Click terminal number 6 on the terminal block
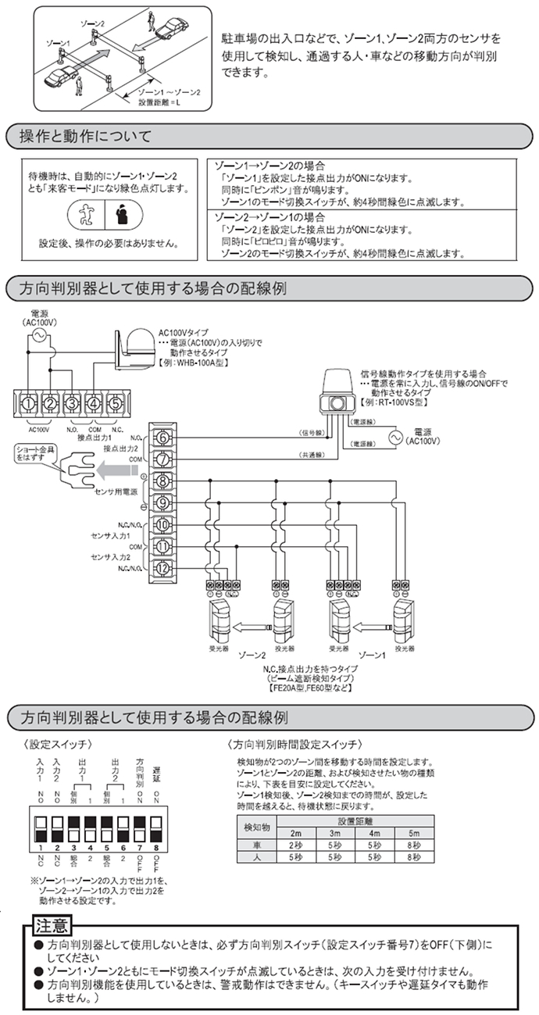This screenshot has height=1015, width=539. coord(162,438)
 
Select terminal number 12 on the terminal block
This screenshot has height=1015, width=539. coord(162,568)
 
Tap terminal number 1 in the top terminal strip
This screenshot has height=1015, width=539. coord(29,403)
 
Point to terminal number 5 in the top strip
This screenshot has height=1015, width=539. coord(115,403)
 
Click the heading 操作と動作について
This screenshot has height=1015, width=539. coord(87,137)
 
